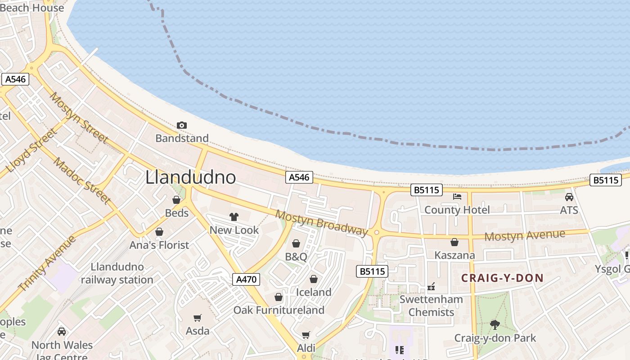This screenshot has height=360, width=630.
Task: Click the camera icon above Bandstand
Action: click(182, 125)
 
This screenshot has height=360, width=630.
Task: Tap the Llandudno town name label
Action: click(190, 177)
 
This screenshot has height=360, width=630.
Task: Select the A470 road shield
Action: click(247, 279)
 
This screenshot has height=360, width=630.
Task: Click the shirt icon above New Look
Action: click(234, 217)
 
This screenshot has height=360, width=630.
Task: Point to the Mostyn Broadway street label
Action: click(321, 222)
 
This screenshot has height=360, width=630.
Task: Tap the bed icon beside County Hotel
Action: click(457, 197)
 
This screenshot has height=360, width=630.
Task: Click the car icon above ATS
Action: click(569, 197)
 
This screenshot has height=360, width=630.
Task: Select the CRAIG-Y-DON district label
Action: click(502, 278)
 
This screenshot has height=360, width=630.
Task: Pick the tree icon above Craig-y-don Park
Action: click(495, 324)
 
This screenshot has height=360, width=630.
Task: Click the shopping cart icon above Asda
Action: click(197, 318)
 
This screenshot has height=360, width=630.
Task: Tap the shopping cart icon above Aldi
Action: click(306, 335)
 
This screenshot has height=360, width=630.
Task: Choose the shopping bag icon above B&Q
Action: click(296, 243)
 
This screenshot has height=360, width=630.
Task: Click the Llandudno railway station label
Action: click(117, 273)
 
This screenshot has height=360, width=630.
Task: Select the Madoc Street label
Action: click(82, 180)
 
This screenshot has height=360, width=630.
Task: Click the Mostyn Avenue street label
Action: click(525, 235)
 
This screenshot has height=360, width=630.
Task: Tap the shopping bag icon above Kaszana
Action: click(454, 242)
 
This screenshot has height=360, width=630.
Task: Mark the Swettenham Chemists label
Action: click(431, 306)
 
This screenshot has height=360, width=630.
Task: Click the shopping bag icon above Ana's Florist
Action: click(159, 232)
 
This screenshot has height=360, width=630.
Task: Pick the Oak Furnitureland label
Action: click(279, 310)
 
